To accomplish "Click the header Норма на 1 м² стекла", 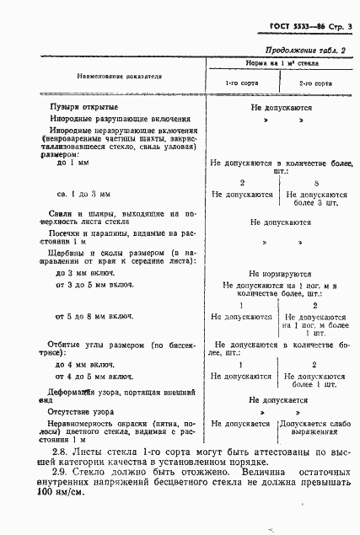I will (x=281, y=64).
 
